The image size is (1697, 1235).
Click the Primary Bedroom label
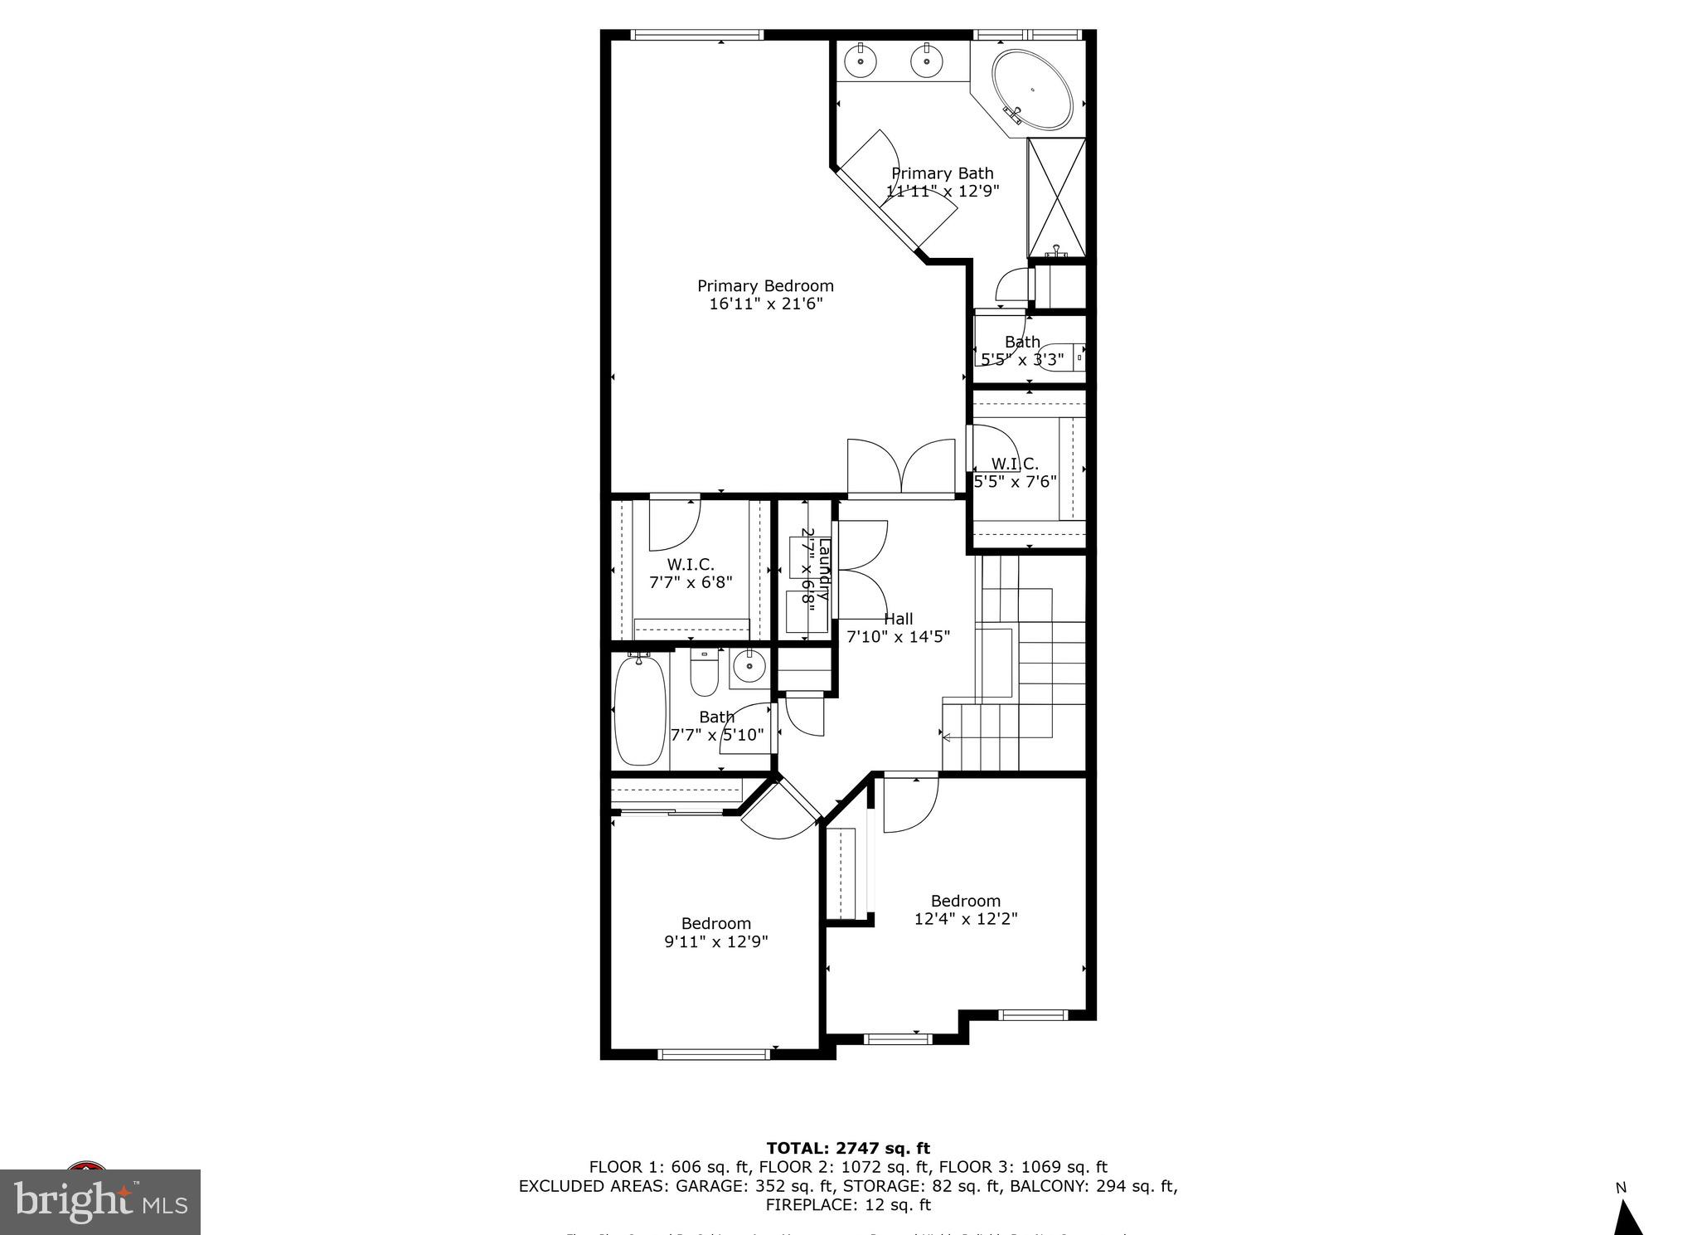click(765, 294)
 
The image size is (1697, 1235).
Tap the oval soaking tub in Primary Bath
click(1032, 90)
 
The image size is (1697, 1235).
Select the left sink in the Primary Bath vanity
click(861, 60)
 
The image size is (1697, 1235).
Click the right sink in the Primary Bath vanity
click(927, 60)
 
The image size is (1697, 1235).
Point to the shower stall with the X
click(1056, 197)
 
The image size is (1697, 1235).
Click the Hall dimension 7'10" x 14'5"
click(898, 637)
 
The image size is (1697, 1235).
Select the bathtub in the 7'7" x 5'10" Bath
click(640, 710)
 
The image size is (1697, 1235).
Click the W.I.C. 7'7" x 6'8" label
click(691, 573)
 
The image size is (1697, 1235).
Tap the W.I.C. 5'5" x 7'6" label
click(1015, 473)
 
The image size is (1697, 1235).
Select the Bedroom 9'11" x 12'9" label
click(716, 932)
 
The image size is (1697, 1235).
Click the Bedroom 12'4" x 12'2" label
click(966, 910)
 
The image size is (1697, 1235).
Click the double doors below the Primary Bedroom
click(901, 469)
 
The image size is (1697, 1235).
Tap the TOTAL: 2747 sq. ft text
click(848, 1148)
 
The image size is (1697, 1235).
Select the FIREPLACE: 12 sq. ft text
click(848, 1204)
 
